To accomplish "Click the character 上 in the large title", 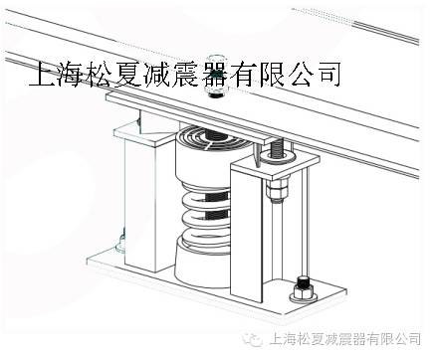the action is click(x=46, y=75).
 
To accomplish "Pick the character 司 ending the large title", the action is click(x=330, y=75).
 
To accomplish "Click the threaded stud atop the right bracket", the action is click(x=276, y=150).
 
